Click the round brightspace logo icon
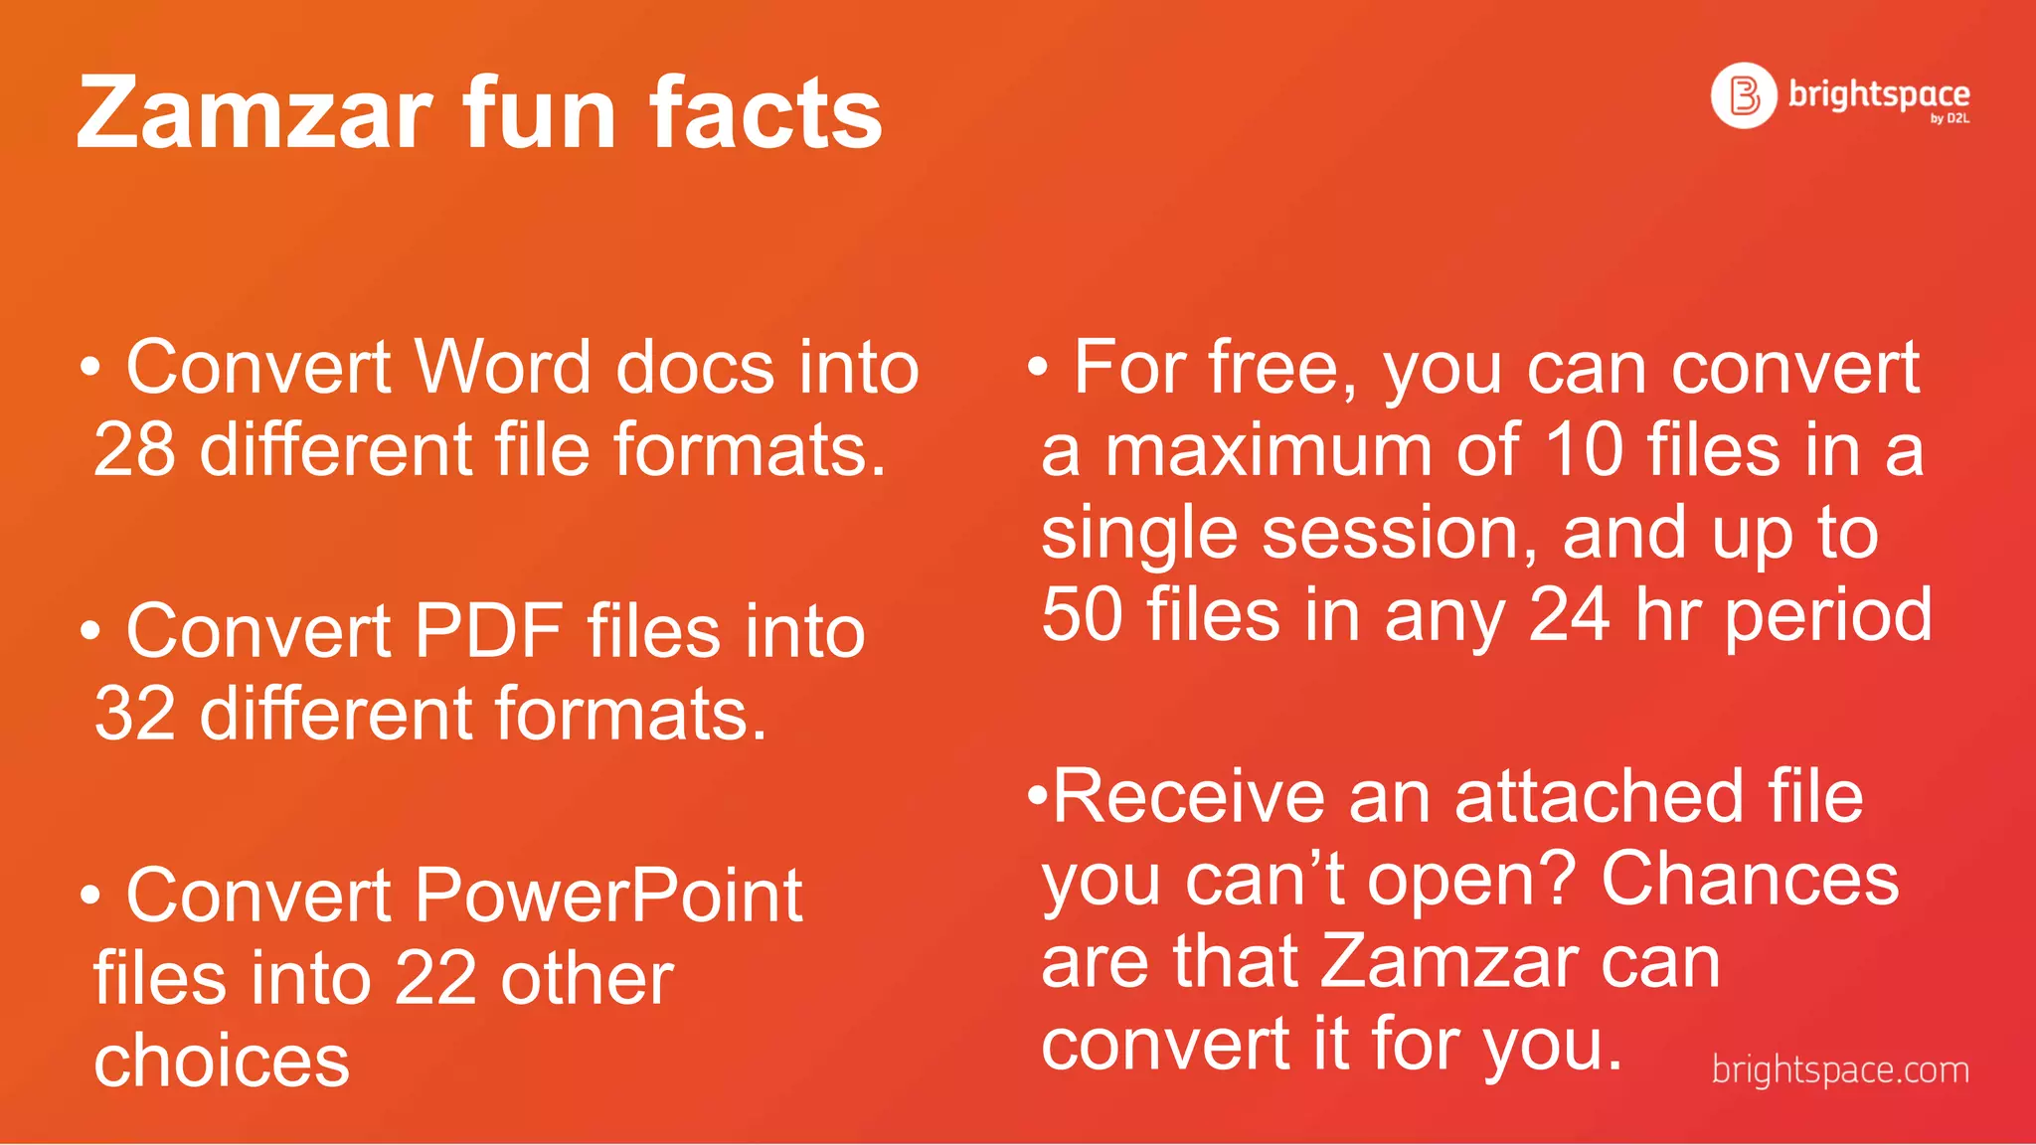[1743, 95]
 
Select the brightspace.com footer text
[1840, 1070]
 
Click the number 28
[134, 450]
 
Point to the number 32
[134, 714]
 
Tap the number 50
[1082, 614]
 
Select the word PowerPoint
[607, 896]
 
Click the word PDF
[488, 631]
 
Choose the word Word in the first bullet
[503, 368]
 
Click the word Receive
[1188, 797]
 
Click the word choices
[222, 1062]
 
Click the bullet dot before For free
[1037, 367]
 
